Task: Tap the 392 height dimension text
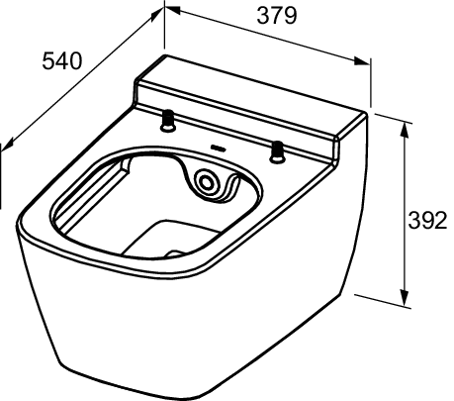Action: click(427, 221)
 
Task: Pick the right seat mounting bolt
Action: click(278, 150)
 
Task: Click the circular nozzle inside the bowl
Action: click(209, 182)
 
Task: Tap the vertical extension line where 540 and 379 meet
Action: click(164, 30)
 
